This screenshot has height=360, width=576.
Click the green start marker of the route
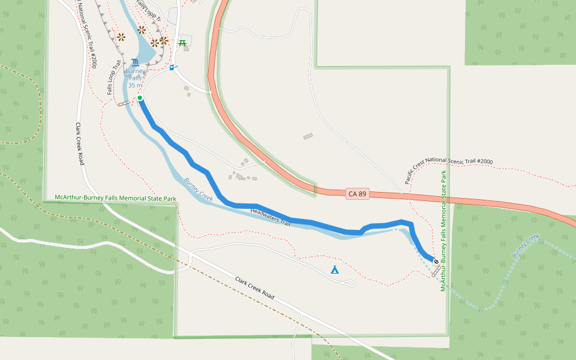(139, 98)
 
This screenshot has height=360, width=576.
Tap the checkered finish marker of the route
(435, 262)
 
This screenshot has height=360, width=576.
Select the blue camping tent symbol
(335, 270)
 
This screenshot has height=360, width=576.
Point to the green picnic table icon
(182, 43)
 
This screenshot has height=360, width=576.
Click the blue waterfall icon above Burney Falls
(135, 62)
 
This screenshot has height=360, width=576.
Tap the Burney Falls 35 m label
(135, 78)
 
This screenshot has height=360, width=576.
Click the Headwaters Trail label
(271, 217)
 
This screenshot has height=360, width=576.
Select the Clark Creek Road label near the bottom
(255, 288)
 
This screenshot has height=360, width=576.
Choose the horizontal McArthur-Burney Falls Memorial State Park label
(115, 197)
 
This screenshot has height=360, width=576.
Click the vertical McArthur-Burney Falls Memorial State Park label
(443, 231)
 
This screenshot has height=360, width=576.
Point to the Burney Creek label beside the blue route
(199, 189)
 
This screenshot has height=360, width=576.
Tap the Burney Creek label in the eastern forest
(526, 247)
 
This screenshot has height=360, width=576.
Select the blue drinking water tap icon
(173, 67)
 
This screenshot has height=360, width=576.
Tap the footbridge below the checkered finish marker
(436, 271)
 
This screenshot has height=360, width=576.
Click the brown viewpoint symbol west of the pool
(121, 37)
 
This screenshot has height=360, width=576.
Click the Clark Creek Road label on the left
(79, 144)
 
